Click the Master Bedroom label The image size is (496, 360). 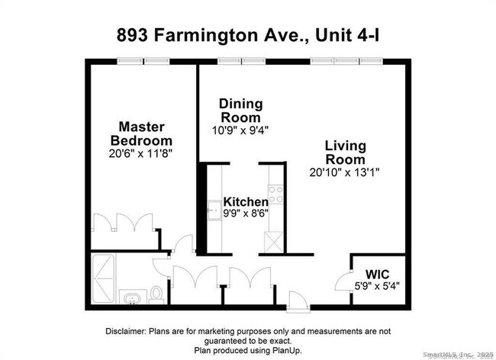coord(141,133)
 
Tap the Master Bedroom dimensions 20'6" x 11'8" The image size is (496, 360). coord(141,153)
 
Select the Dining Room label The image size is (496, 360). coord(240,111)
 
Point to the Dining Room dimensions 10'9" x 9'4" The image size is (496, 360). coord(240,130)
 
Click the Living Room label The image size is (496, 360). coord(345,153)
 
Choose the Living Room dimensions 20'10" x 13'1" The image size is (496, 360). coord(345,172)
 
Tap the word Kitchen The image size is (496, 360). coord(245,202)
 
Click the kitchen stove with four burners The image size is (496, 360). coord(275,194)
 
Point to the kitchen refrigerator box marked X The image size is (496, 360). coord(272,240)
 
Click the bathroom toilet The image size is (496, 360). coord(156,293)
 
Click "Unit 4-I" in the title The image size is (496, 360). coord(344,35)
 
